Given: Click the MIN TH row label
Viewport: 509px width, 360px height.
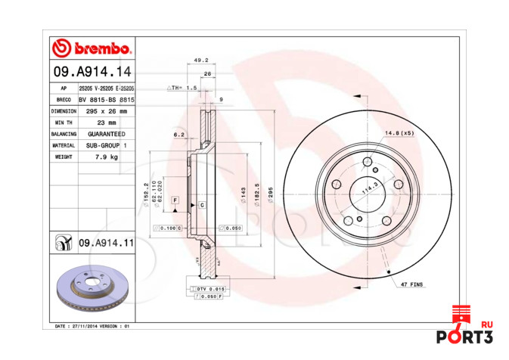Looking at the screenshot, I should click(64, 122).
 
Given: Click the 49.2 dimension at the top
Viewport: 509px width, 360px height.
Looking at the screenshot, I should click(200, 60).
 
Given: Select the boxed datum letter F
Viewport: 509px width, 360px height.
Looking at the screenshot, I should click(175, 200).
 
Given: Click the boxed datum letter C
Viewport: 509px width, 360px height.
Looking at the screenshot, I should click(202, 205).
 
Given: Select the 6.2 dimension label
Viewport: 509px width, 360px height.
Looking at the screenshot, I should click(178, 135).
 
